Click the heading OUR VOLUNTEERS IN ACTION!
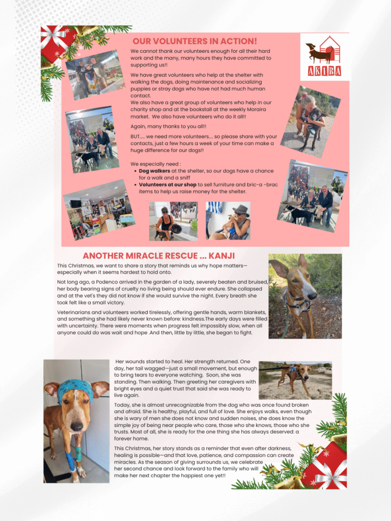(194, 41)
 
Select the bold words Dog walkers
(154, 171)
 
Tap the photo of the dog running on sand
(295, 380)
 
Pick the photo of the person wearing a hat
(228, 220)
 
